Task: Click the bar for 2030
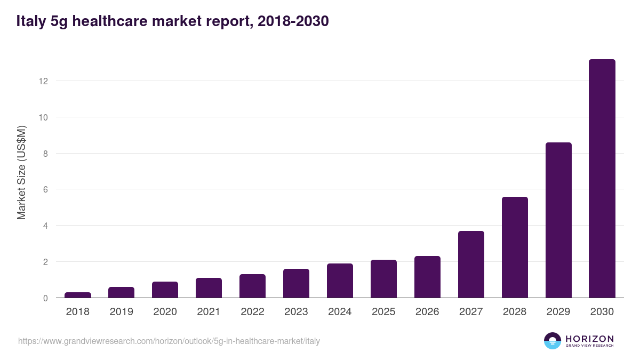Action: click(x=602, y=179)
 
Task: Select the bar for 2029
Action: click(x=558, y=220)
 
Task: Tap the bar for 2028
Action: click(x=515, y=247)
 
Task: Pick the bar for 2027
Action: click(x=471, y=265)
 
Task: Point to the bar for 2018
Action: click(x=78, y=295)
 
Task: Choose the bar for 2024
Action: click(x=340, y=281)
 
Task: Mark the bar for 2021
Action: click(x=209, y=288)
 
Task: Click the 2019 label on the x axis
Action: click(x=122, y=312)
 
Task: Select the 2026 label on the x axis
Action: click(x=427, y=312)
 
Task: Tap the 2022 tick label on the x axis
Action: click(x=252, y=312)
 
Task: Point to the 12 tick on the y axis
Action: click(x=43, y=81)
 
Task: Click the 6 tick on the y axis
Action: click(x=45, y=189)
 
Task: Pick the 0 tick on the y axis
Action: click(x=45, y=298)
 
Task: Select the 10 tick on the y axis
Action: click(x=43, y=117)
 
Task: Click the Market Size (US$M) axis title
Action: click(x=21, y=172)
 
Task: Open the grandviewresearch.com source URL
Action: click(x=169, y=341)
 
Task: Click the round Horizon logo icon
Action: click(x=553, y=341)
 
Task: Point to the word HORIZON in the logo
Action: click(x=589, y=339)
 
